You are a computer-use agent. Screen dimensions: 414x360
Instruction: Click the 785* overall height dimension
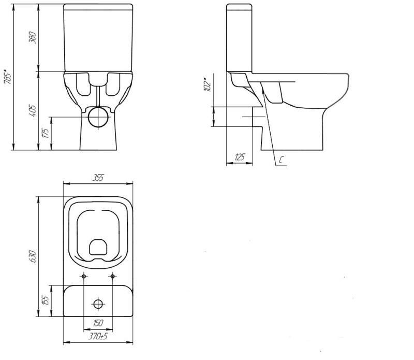[x=7, y=77]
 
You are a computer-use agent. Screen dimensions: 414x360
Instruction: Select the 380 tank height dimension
[x=32, y=37]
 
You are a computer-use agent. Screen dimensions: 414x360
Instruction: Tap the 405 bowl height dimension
[x=32, y=111]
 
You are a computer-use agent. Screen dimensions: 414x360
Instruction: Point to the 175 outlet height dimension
[x=46, y=133]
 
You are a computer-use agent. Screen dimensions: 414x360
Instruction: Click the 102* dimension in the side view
[x=208, y=84]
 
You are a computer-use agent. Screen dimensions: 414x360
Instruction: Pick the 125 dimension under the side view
[x=240, y=157]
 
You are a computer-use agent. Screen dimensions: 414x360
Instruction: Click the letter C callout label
[x=282, y=160]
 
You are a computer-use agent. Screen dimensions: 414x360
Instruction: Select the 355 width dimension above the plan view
[x=98, y=178]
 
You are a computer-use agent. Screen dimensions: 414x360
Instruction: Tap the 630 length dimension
[x=32, y=256]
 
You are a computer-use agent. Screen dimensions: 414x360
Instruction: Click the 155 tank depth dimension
[x=46, y=301]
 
